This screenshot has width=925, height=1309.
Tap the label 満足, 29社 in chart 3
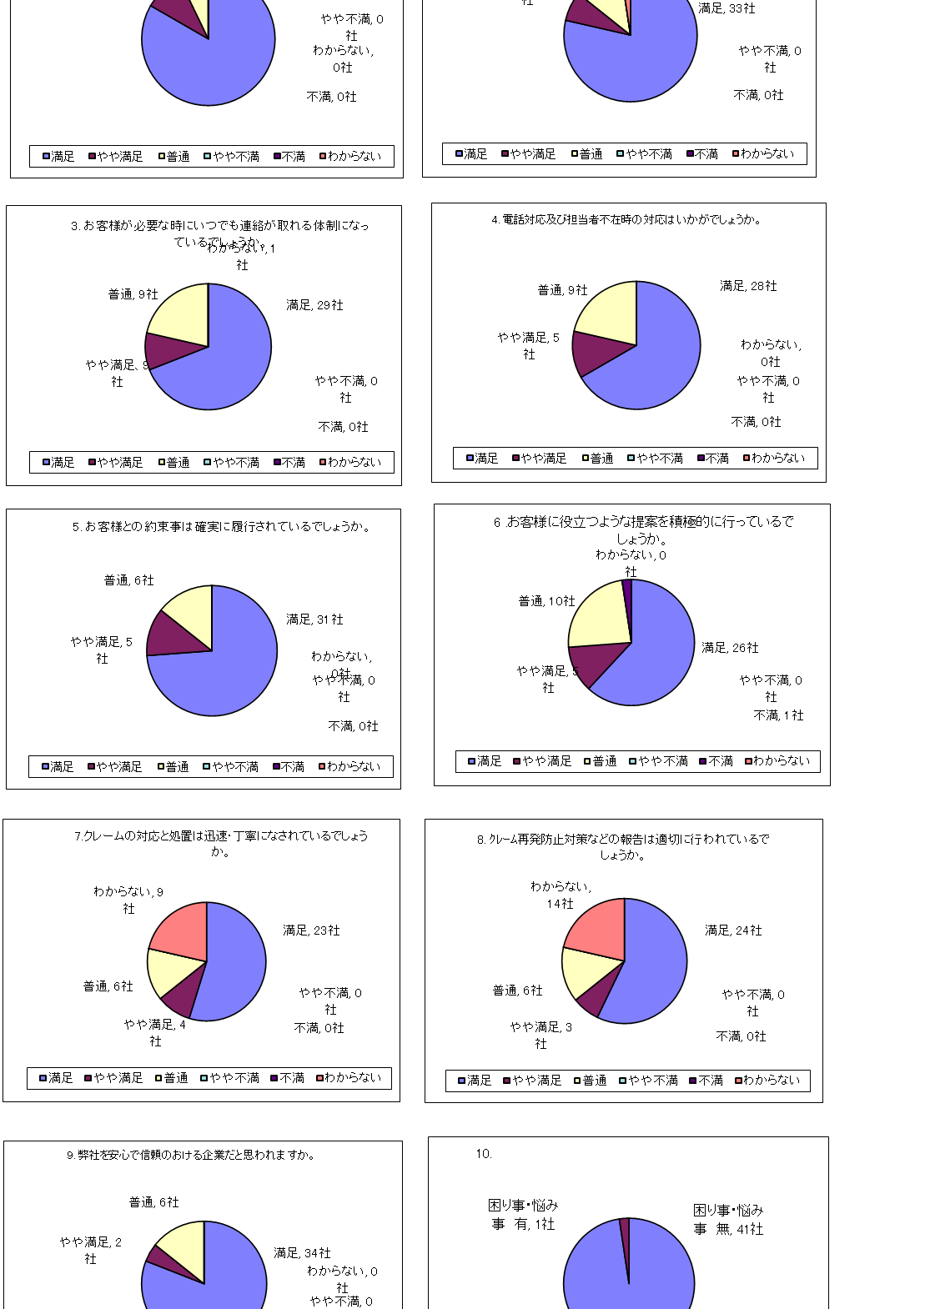point(314,305)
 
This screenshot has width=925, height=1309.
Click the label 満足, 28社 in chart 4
point(748,286)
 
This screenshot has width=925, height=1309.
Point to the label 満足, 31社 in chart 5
point(314,619)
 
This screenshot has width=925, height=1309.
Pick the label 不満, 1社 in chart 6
point(778,715)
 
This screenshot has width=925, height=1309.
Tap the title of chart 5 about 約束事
point(221,527)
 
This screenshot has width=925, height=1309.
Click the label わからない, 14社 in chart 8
point(561,895)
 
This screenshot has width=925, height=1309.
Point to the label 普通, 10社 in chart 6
point(546,601)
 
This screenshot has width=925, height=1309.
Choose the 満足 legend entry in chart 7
point(56,1078)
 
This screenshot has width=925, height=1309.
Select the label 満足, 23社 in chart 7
point(311,930)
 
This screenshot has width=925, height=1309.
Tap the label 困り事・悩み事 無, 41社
point(728,1219)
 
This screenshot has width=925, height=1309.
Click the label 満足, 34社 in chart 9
point(302,1253)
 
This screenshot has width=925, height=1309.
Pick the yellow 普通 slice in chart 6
point(598,617)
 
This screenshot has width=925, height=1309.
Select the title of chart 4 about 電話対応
point(626,220)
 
